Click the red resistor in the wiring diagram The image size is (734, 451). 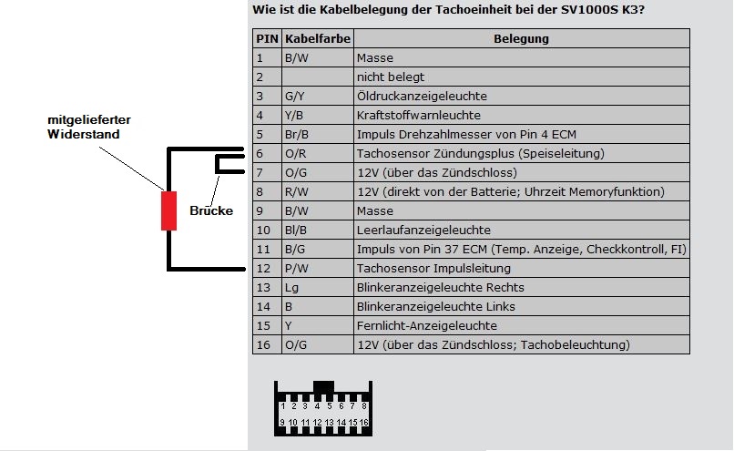pyautogui.click(x=168, y=210)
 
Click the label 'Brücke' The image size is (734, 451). pyautogui.click(x=212, y=210)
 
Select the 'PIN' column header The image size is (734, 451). pyautogui.click(x=267, y=39)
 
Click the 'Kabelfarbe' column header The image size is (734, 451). pyautogui.click(x=316, y=39)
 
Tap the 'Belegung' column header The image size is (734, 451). pyautogui.click(x=521, y=39)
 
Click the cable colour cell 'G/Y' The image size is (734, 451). pyautogui.click(x=316, y=97)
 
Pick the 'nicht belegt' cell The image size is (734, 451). pyautogui.click(x=391, y=77)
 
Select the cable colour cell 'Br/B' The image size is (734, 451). pyautogui.click(x=316, y=135)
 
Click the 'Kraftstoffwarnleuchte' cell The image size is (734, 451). pyautogui.click(x=418, y=116)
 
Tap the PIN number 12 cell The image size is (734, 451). pyautogui.click(x=267, y=269)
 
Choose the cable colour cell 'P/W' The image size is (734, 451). pyautogui.click(x=316, y=269)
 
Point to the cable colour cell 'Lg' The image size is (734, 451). pyautogui.click(x=316, y=288)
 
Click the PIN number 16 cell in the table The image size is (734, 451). pyautogui.click(x=267, y=345)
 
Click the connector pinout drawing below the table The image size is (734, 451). pyautogui.click(x=323, y=408)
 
